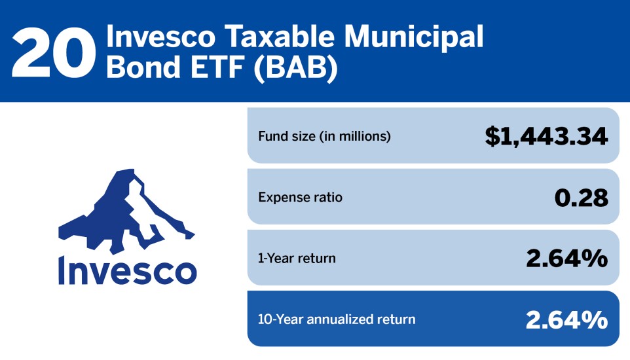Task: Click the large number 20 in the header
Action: point(50,52)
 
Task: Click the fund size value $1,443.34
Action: point(547,136)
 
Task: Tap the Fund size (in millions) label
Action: point(324,137)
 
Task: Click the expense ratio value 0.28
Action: point(581,197)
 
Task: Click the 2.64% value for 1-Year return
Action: point(566,259)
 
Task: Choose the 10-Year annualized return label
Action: point(337,319)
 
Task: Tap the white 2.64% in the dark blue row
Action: point(566,319)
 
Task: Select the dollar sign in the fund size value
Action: point(493,136)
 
